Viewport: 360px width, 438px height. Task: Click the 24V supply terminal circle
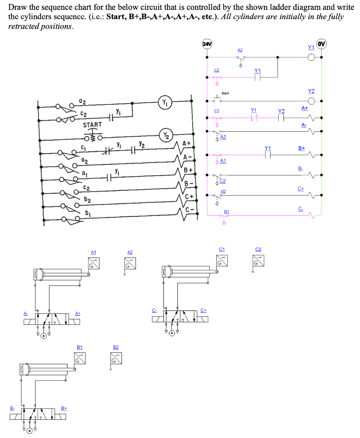click(x=207, y=44)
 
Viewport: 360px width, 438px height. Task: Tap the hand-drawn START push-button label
click(x=92, y=124)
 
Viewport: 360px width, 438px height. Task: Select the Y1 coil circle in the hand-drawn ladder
click(x=165, y=102)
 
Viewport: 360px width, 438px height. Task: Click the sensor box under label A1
click(x=94, y=263)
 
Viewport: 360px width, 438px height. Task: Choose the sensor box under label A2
click(x=130, y=263)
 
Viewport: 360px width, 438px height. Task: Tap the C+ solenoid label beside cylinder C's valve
click(x=204, y=310)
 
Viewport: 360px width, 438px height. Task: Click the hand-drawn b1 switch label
click(x=88, y=213)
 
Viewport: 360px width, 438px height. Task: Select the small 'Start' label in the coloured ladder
click(x=225, y=93)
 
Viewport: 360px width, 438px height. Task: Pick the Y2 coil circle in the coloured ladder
click(x=311, y=101)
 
